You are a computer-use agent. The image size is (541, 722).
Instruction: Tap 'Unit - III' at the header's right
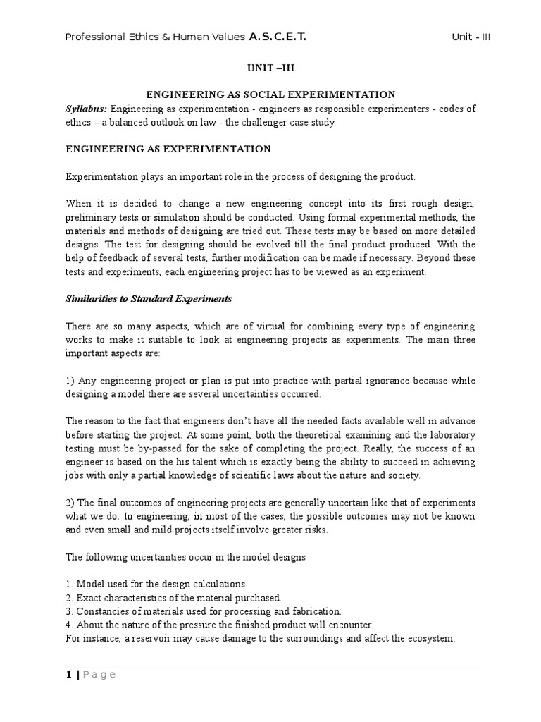point(471,37)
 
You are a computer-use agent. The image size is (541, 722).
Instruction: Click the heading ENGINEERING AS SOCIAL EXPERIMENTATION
point(270,94)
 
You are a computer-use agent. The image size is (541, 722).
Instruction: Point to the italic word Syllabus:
point(87,109)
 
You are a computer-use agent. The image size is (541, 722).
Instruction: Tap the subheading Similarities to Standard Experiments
point(149,298)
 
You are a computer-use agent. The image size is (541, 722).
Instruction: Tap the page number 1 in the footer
point(68,675)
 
